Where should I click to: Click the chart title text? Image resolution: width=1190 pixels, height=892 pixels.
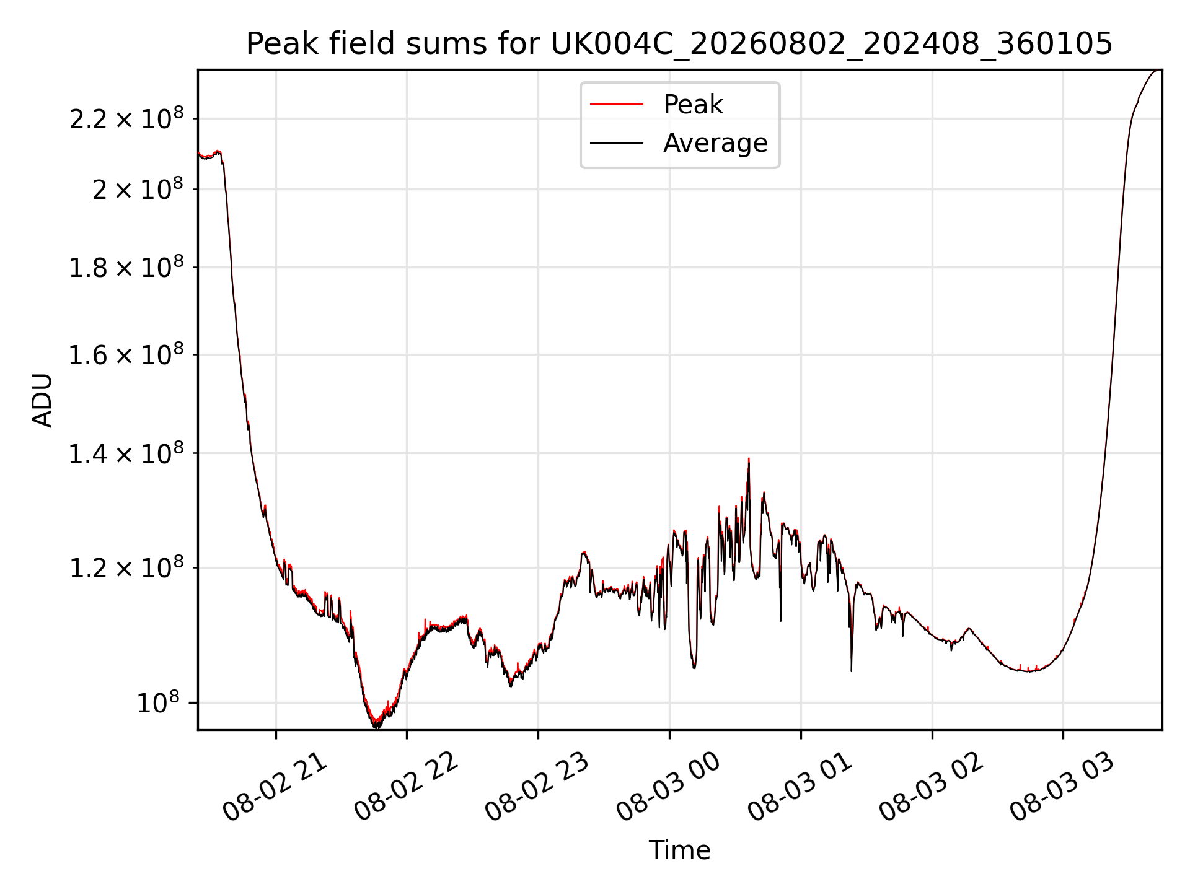[679, 44]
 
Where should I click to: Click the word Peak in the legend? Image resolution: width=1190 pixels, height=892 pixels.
[693, 104]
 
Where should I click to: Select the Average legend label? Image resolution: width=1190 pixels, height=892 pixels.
[715, 143]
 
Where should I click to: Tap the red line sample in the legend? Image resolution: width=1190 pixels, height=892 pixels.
[617, 104]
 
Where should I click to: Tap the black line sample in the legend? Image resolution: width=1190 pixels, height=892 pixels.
[617, 143]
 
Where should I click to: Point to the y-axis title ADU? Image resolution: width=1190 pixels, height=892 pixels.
[42, 400]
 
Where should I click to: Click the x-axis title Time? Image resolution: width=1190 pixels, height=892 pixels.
[679, 850]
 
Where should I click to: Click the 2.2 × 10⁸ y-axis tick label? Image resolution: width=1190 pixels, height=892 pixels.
[126, 118]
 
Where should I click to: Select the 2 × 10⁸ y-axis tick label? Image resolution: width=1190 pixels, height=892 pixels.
[138, 188]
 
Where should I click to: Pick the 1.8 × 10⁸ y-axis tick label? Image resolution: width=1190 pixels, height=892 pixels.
[126, 267]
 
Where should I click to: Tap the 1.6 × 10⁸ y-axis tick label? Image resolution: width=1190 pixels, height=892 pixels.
[126, 354]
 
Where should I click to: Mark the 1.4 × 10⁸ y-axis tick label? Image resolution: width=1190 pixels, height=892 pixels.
[126, 453]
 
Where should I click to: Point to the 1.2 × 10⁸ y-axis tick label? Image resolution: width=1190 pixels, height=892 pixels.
[126, 567]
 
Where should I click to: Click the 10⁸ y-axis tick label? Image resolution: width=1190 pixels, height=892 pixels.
[157, 702]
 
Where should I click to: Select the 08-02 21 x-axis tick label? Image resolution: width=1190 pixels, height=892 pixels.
[275, 787]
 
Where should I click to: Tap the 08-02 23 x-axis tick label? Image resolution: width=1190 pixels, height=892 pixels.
[537, 787]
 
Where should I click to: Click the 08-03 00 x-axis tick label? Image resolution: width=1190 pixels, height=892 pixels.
[668, 787]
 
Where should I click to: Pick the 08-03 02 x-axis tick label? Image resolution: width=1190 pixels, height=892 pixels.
[931, 787]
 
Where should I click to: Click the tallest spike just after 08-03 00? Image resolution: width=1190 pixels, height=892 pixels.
[749, 459]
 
